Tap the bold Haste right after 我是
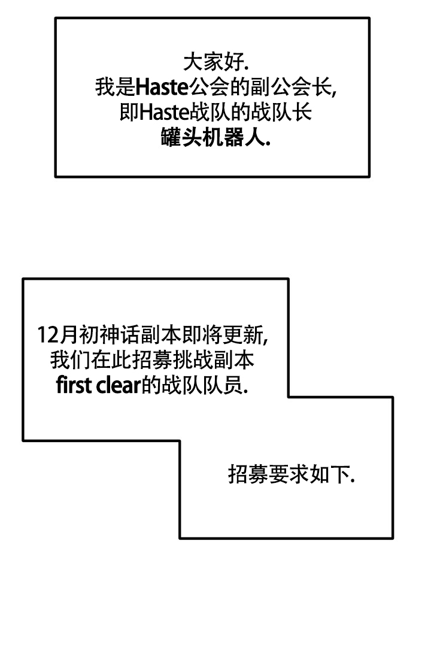[162, 87]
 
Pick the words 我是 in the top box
[115, 87]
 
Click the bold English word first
[73, 385]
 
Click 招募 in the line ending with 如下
[242, 475]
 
